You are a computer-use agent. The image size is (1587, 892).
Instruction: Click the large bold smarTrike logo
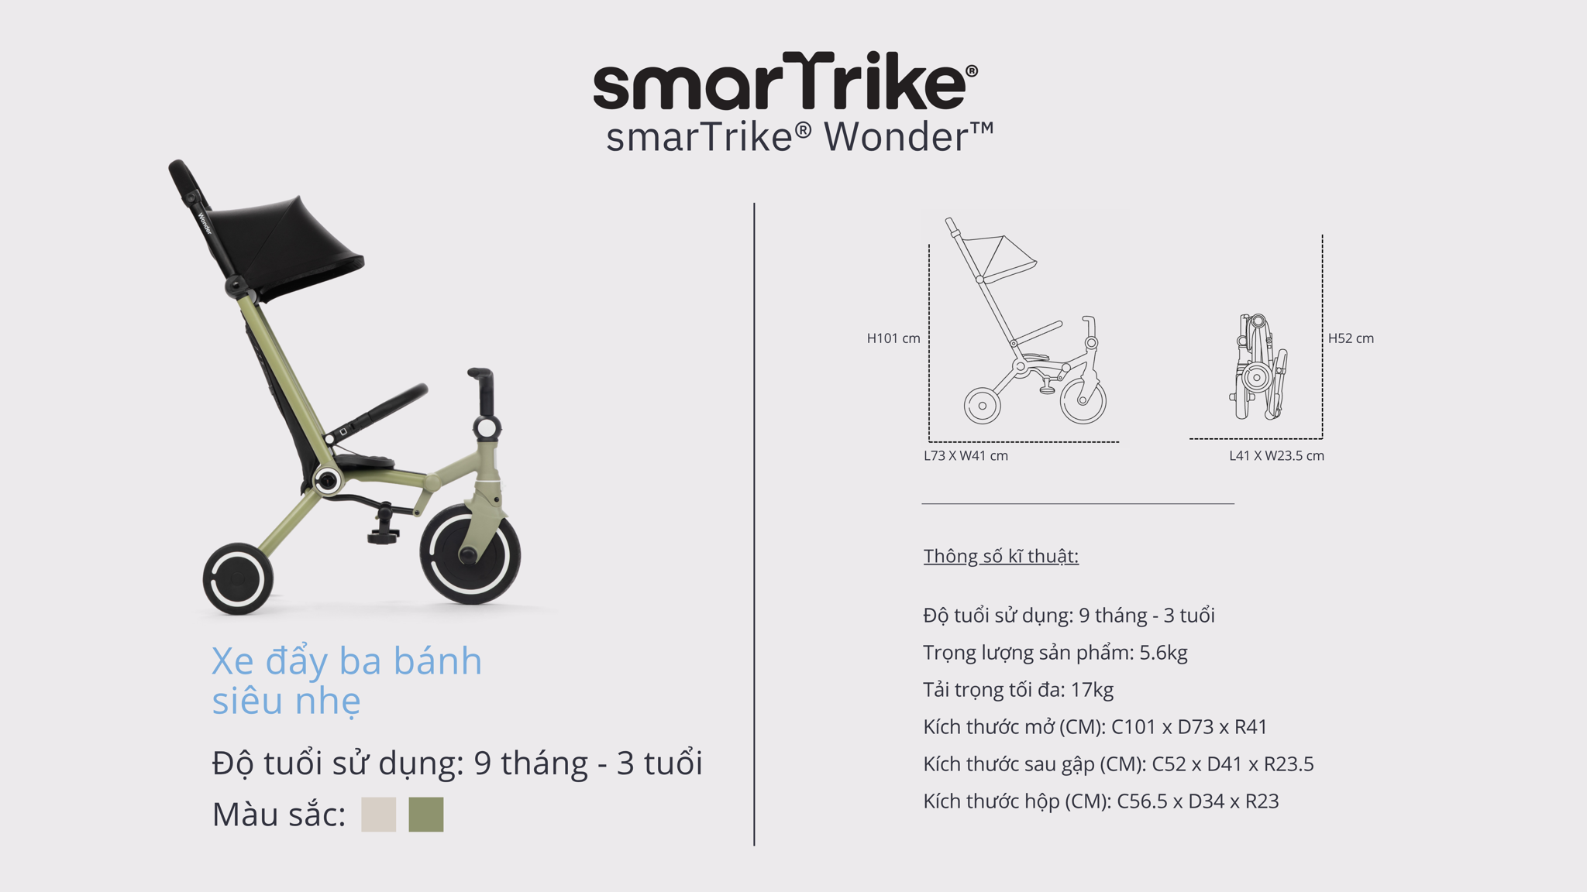coord(785,81)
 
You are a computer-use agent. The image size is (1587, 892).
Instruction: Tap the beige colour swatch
coord(378,815)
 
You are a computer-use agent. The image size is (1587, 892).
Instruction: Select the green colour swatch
coord(426,815)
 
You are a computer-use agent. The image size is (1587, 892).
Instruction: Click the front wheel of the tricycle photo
coord(470,554)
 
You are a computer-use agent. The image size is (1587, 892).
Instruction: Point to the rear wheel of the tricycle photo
coord(238,578)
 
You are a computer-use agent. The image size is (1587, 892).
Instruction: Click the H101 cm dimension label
coord(893,338)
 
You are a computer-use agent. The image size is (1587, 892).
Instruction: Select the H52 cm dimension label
coord(1351,338)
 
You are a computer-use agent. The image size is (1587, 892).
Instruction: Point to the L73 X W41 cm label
coord(966,456)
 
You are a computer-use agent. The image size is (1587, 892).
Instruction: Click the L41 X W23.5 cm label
coord(1276,456)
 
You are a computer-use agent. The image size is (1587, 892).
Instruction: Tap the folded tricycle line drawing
coord(1259,366)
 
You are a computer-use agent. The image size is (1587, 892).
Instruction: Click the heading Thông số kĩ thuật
coord(1000,556)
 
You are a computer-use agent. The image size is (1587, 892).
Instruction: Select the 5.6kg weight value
coord(1163,653)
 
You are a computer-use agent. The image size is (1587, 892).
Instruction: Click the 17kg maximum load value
coord(1092,690)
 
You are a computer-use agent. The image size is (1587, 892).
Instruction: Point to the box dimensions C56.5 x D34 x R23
coord(1198,801)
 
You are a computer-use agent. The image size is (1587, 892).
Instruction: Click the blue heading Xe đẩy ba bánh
coord(346,661)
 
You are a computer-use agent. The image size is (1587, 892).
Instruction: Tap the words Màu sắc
coord(278,815)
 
